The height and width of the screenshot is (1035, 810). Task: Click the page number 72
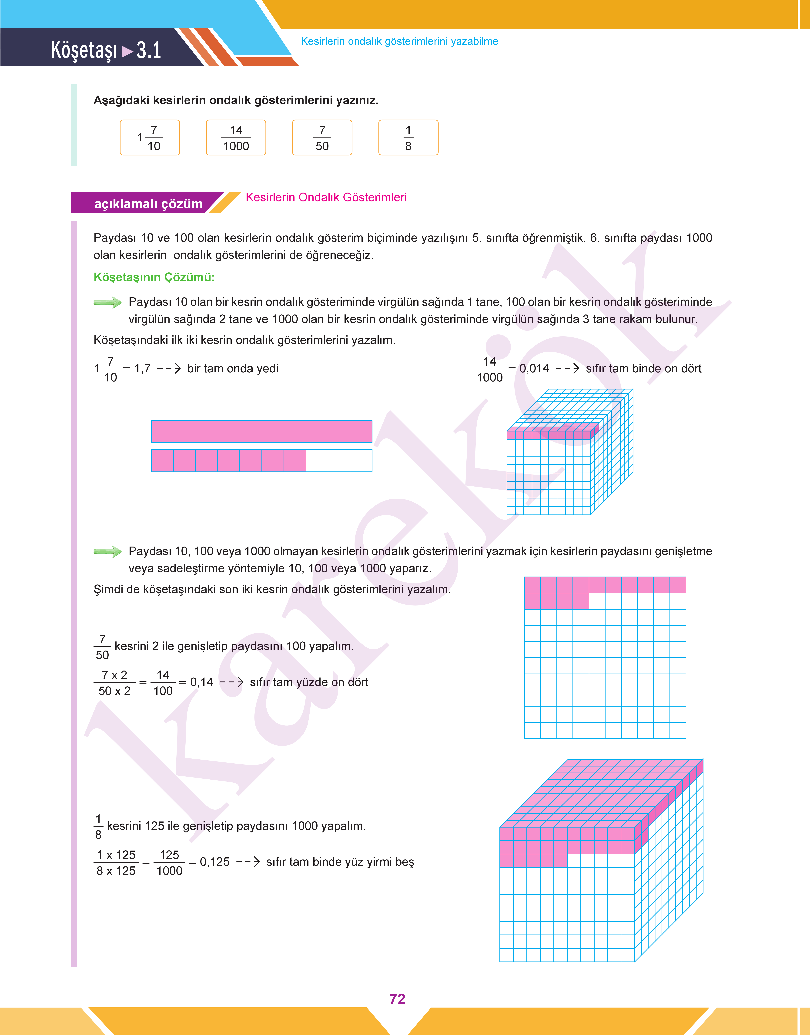click(x=397, y=999)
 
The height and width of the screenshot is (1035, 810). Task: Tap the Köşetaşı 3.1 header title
click(x=106, y=50)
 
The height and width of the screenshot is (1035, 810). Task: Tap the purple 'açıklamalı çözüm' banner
click(x=148, y=203)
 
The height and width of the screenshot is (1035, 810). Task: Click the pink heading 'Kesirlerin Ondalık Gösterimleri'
click(x=326, y=197)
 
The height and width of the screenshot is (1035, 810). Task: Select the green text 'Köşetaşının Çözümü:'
click(x=154, y=277)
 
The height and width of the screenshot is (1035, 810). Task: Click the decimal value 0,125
click(x=214, y=861)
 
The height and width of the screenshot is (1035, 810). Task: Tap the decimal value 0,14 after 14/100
click(x=202, y=682)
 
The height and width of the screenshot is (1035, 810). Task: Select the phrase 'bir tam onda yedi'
click(x=232, y=368)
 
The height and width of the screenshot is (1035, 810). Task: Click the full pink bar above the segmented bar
click(x=261, y=431)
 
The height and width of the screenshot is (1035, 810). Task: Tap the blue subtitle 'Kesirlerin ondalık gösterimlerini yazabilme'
click(x=399, y=41)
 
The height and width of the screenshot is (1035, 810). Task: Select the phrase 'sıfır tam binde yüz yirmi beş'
click(x=340, y=861)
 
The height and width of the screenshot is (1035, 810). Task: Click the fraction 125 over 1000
click(x=169, y=862)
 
